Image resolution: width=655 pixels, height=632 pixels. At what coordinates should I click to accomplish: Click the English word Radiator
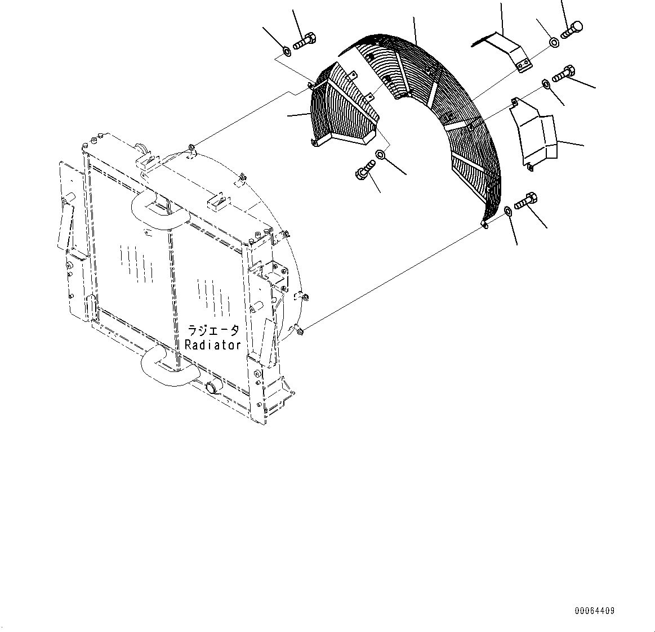coord(213,345)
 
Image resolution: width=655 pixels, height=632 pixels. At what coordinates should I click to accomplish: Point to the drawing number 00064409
coord(595,611)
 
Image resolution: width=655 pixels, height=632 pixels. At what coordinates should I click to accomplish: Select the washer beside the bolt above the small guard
coord(287,52)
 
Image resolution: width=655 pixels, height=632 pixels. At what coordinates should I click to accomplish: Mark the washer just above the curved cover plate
coord(546,84)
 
